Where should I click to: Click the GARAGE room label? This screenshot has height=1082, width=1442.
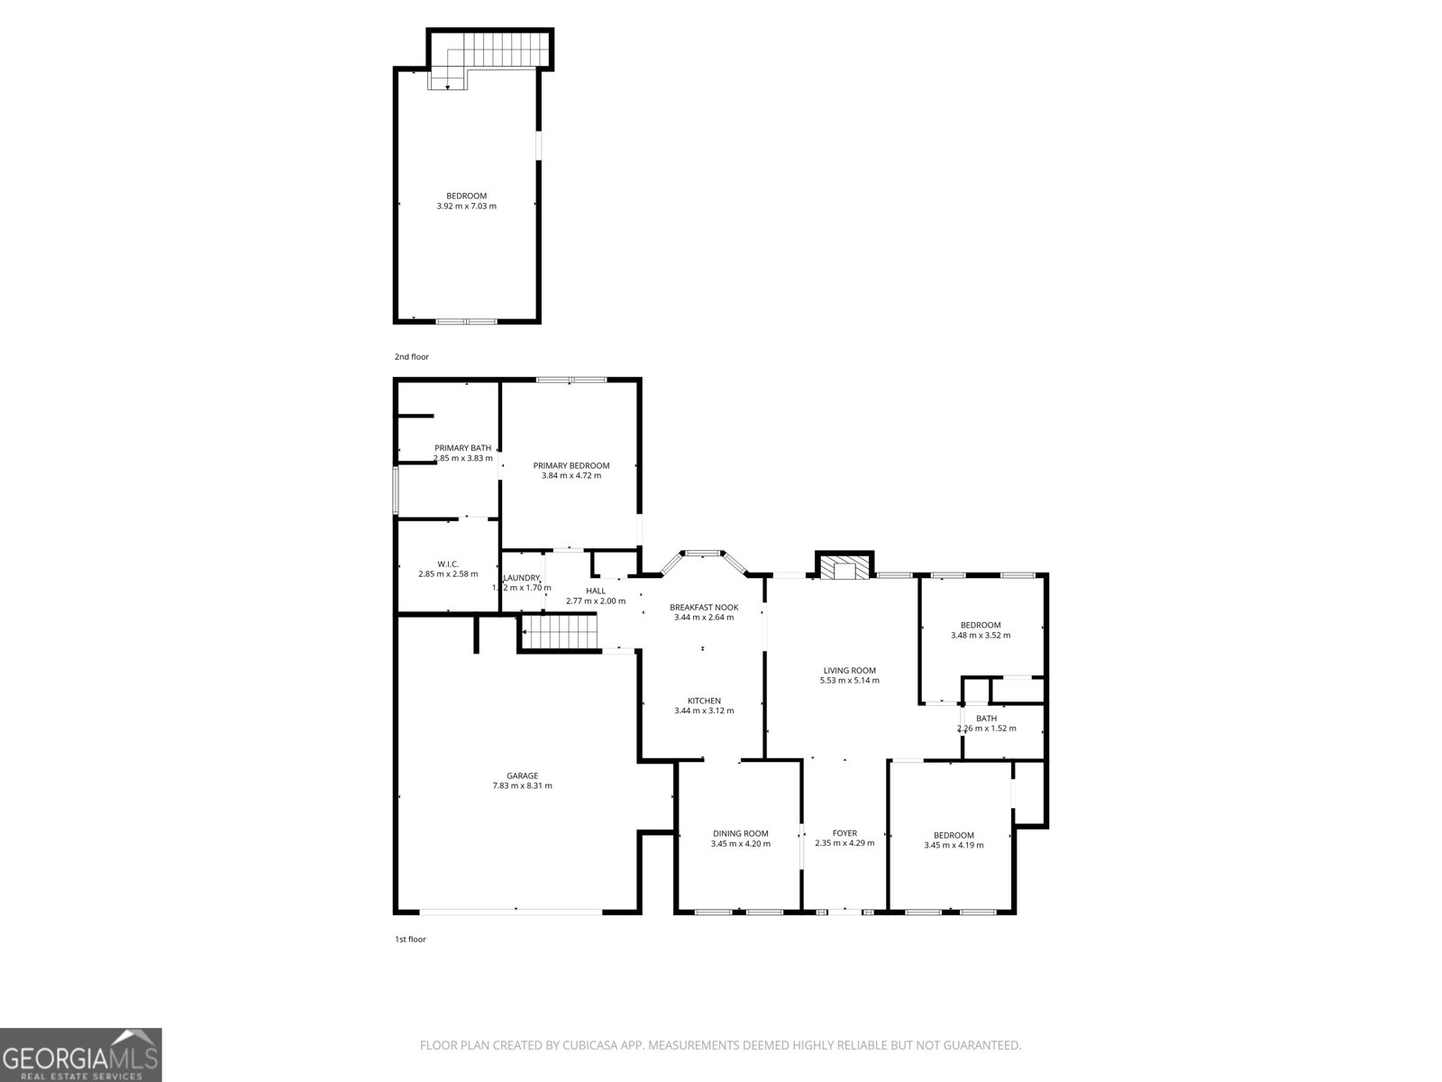pyautogui.click(x=522, y=775)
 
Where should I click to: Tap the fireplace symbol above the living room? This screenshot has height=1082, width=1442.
pyautogui.click(x=844, y=568)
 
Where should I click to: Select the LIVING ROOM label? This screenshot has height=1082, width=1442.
pyautogui.click(x=849, y=670)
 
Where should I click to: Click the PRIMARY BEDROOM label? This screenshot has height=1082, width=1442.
pyautogui.click(x=570, y=465)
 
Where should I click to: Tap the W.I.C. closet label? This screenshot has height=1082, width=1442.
pyautogui.click(x=448, y=564)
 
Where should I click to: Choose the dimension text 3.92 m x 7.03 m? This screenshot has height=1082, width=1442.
pyautogui.click(x=466, y=206)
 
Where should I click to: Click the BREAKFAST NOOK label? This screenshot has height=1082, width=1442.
pyautogui.click(x=703, y=607)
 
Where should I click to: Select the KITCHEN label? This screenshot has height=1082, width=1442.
pyautogui.click(x=703, y=701)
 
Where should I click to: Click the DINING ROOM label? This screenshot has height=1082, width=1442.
pyautogui.click(x=740, y=833)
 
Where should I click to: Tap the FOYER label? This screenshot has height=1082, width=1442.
pyautogui.click(x=844, y=833)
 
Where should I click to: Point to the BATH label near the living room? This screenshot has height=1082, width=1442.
pyautogui.click(x=986, y=719)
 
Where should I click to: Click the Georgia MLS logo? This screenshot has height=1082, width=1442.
pyautogui.click(x=80, y=1054)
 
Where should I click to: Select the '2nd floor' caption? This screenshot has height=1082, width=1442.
pyautogui.click(x=411, y=357)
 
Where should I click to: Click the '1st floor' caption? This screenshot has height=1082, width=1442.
pyautogui.click(x=410, y=940)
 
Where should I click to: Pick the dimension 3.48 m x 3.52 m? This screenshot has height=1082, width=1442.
pyautogui.click(x=980, y=636)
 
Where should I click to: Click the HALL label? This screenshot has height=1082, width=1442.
pyautogui.click(x=595, y=591)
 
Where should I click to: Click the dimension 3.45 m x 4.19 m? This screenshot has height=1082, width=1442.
pyautogui.click(x=954, y=846)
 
